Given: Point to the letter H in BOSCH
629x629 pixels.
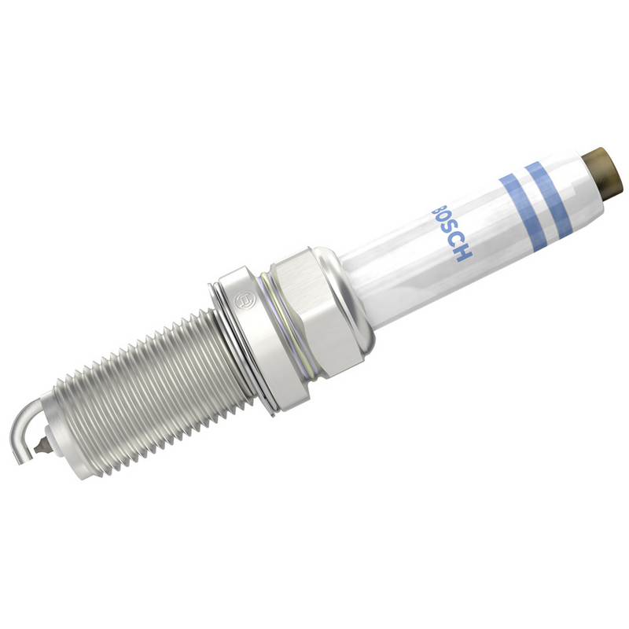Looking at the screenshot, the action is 464,254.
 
